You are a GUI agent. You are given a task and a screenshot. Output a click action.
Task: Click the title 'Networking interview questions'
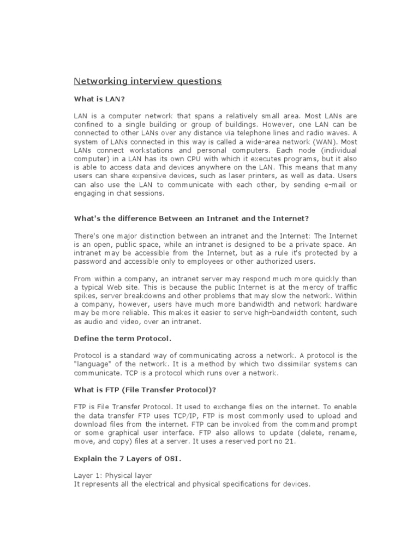tap(148, 81)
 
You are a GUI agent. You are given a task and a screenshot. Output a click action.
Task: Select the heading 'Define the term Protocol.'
tap(119, 338)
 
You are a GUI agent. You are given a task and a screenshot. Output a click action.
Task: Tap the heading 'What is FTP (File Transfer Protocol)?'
tap(145, 390)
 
